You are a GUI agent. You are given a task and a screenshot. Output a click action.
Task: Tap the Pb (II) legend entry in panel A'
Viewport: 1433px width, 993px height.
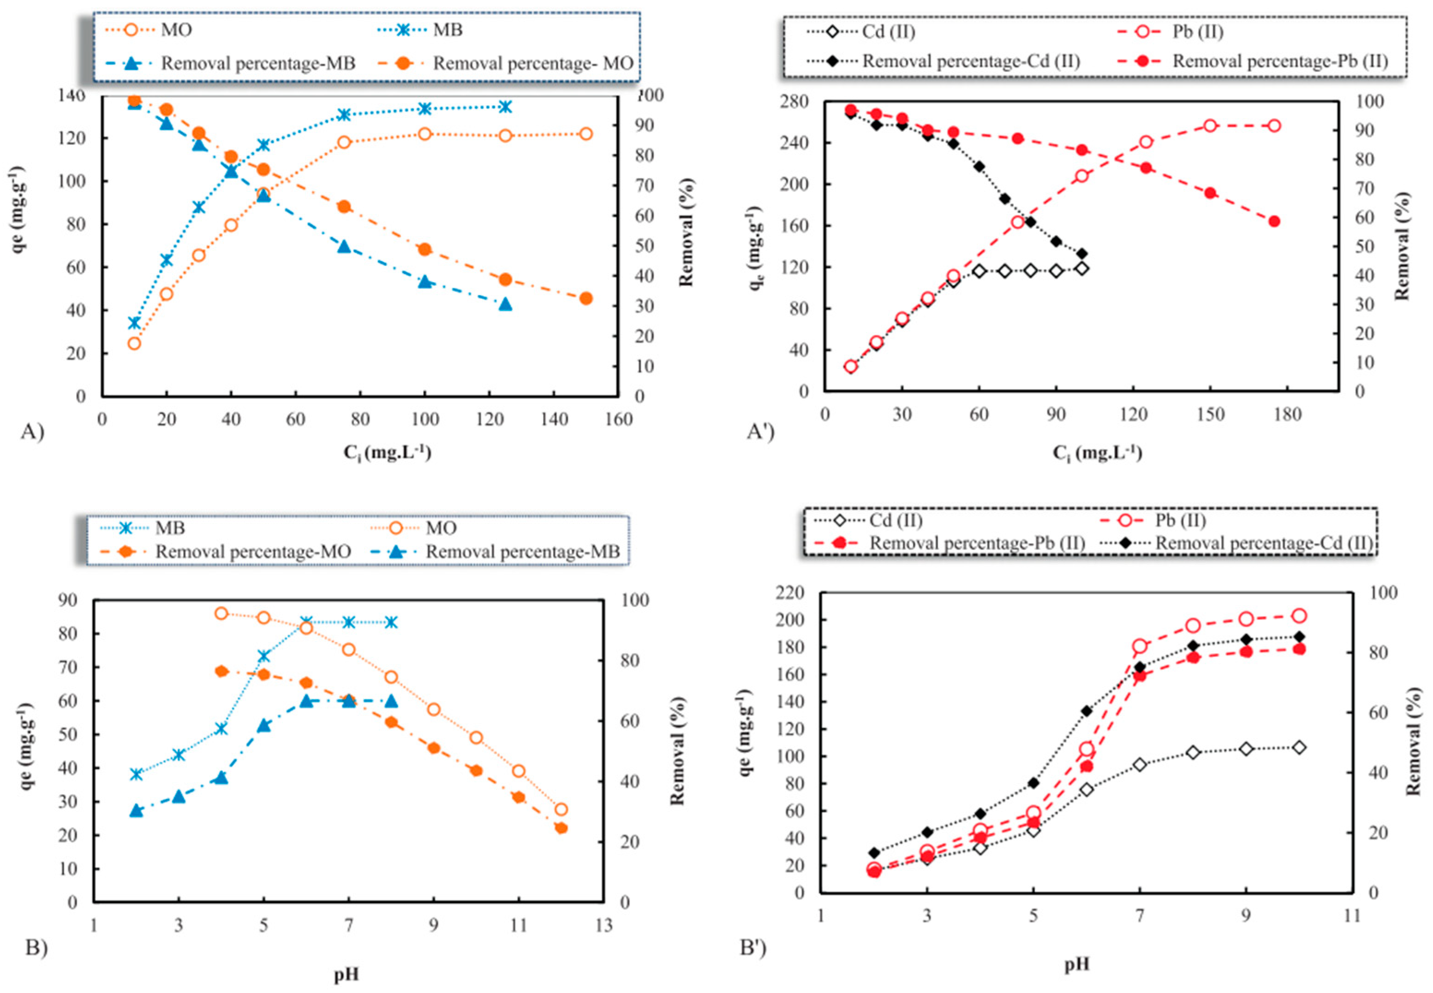pos(1197,32)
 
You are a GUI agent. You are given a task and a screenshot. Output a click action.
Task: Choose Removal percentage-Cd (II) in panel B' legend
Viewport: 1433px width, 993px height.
pos(1263,543)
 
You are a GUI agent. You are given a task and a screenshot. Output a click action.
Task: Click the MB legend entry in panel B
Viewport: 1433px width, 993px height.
pos(169,528)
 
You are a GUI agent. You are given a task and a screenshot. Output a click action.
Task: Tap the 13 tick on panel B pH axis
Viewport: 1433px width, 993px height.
pos(603,926)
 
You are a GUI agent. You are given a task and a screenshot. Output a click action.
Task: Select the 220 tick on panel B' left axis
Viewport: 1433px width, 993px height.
pos(790,592)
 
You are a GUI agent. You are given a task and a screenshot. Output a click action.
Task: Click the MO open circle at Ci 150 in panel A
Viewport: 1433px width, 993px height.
pos(585,134)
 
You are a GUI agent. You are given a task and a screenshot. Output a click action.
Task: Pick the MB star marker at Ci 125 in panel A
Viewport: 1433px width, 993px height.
pos(505,107)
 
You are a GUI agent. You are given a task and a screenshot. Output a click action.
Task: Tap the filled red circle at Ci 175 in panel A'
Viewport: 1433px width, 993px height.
pos(1274,221)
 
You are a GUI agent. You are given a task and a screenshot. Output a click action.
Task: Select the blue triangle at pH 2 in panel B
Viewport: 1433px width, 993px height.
pos(136,810)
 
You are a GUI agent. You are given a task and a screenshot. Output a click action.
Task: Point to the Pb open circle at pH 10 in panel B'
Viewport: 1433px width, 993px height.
pos(1299,616)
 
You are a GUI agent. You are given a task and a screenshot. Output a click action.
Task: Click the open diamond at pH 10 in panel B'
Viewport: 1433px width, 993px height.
pos(1299,747)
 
